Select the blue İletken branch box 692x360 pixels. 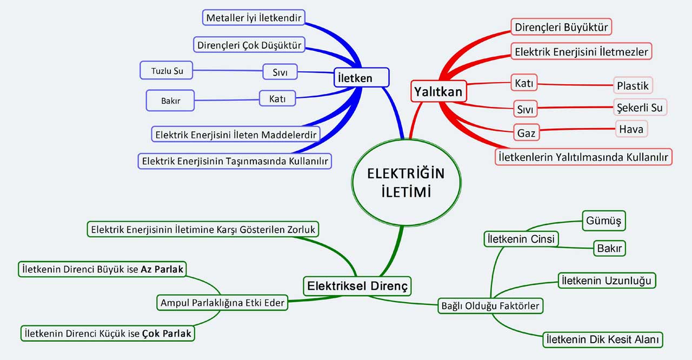pyautogui.click(x=361, y=78)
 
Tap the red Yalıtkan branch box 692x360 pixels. pyautogui.click(x=438, y=91)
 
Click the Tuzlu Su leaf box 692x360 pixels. pyautogui.click(x=166, y=70)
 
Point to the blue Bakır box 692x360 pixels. pyautogui.click(x=170, y=101)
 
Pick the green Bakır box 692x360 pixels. pyautogui.click(x=610, y=249)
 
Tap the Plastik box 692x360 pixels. pyautogui.click(x=633, y=85)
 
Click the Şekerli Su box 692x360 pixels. pyautogui.click(x=640, y=108)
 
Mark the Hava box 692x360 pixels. pyautogui.click(x=631, y=129)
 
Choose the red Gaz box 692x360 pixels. pyautogui.click(x=525, y=132)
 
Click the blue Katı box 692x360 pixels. pyautogui.click(x=278, y=98)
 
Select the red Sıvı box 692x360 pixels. pyautogui.click(x=525, y=109)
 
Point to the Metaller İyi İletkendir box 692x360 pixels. pyautogui.click(x=254, y=17)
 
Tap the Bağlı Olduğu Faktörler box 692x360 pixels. pyautogui.click(x=490, y=306)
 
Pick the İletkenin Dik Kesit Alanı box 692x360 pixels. pyautogui.click(x=602, y=339)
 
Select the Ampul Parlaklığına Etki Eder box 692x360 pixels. pyautogui.click(x=222, y=303)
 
